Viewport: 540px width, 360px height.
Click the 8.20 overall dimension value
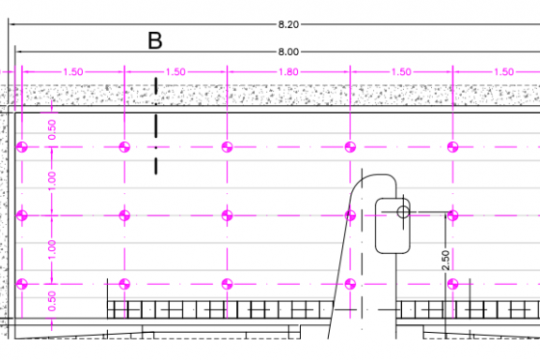tap(288, 24)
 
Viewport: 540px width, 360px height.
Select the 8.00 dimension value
tap(288, 52)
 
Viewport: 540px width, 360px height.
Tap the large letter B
tap(155, 41)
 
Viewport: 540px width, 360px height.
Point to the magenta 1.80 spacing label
tap(288, 71)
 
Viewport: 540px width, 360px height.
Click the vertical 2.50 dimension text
tap(445, 261)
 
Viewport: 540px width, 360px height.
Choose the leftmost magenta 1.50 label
tap(73, 71)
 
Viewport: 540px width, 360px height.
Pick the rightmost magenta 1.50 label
tap(503, 71)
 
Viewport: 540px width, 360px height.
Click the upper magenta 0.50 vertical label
tap(52, 129)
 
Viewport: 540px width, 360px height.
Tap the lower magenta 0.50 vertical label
tap(52, 301)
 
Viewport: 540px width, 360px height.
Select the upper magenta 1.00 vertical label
tap(52, 181)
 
